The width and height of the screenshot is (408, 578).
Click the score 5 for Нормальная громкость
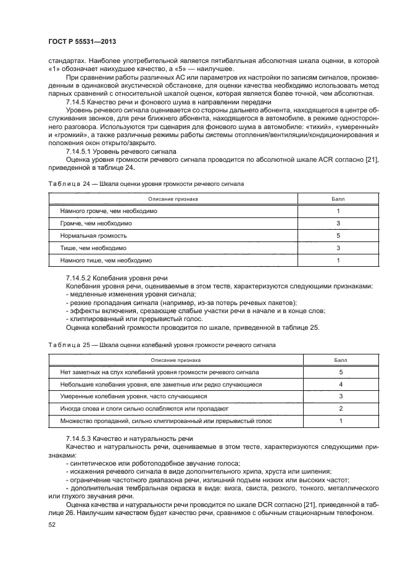tap(338, 236)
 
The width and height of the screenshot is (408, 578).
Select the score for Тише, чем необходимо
tap(338, 248)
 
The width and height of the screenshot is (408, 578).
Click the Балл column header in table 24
tap(338, 198)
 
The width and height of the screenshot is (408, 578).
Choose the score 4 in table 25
tap(341, 384)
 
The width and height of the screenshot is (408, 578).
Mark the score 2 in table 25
tap(341, 409)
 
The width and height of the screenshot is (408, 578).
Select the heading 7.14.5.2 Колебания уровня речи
tap(116, 278)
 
